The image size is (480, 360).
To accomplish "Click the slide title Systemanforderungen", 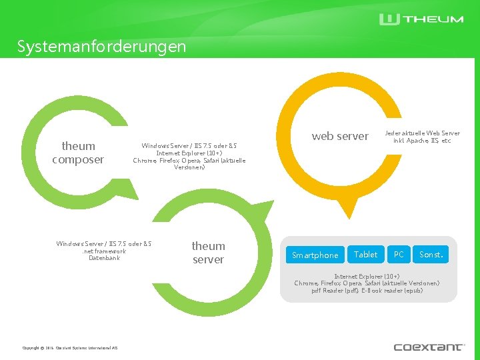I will [102, 47].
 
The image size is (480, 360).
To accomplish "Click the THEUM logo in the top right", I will [421, 19].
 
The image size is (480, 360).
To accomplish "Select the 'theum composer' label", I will [78, 153].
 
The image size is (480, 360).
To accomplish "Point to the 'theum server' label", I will [208, 253].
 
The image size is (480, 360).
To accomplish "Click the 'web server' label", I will [340, 136].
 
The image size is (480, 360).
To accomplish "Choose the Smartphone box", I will [315, 255].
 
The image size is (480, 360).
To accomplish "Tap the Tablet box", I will [366, 254].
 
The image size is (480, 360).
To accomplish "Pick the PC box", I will [399, 254].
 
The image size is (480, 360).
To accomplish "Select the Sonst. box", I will [431, 254].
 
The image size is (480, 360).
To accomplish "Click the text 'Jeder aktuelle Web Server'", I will [422, 133].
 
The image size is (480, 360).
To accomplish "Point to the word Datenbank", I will [104, 258].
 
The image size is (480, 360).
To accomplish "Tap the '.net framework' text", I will [104, 251].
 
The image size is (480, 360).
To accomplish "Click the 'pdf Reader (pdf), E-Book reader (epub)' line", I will [367, 291].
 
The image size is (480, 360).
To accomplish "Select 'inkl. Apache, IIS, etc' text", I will [422, 141].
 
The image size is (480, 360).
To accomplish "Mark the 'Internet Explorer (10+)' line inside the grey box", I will [367, 276].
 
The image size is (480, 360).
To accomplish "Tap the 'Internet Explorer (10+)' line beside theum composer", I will [189, 153].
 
